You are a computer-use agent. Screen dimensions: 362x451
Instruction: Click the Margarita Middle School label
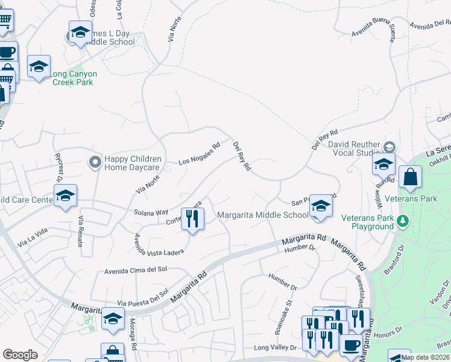click(x=263, y=215)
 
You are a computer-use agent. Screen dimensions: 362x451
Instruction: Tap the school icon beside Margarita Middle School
click(x=321, y=207)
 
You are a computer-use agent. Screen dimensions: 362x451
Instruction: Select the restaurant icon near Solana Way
click(x=192, y=218)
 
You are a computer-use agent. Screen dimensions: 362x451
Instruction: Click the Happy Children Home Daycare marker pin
click(x=95, y=162)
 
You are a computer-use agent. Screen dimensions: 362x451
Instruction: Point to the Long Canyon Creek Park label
click(x=73, y=78)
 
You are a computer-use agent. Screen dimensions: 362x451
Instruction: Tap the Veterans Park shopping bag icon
click(x=410, y=178)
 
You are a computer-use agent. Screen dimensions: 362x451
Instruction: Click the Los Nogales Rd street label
click(x=200, y=154)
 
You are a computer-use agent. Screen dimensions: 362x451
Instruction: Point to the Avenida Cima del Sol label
click(x=135, y=271)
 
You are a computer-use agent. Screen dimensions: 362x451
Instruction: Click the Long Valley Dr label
click(x=275, y=348)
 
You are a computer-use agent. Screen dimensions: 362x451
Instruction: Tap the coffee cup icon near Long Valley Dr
click(x=352, y=346)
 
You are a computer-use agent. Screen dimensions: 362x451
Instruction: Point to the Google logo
click(x=20, y=355)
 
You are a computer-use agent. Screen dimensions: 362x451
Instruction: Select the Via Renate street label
click(x=80, y=232)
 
